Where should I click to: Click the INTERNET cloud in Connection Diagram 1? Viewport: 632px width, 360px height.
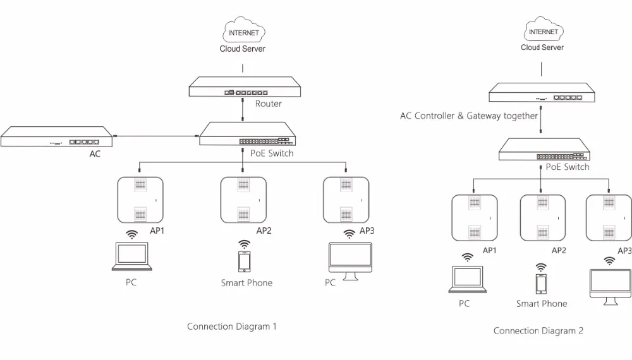(x=243, y=30)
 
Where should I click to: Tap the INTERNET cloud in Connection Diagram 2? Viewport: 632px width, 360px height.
(x=544, y=28)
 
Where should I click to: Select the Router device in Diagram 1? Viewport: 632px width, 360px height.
(x=245, y=87)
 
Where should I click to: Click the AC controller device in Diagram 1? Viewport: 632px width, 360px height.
(x=56, y=136)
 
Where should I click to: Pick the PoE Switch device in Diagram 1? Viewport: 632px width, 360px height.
(x=248, y=134)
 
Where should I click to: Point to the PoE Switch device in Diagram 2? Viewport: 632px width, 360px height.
(x=545, y=149)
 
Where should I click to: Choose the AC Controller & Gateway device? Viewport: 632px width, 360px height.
(x=542, y=93)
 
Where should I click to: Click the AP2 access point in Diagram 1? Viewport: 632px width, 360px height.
(x=243, y=200)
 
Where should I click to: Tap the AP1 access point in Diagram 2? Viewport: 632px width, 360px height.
(x=475, y=218)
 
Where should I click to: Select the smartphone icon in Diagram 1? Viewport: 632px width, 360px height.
(x=244, y=261)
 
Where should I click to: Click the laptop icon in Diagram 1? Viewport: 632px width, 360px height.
(x=132, y=256)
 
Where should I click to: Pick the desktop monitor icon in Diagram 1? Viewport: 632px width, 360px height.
(x=350, y=261)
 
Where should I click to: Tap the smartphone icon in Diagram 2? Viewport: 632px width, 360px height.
(x=541, y=284)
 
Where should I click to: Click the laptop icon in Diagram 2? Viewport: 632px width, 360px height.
(x=468, y=279)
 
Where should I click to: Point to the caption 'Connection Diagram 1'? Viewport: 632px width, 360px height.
(x=232, y=326)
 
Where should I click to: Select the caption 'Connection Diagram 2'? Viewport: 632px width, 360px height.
(x=538, y=330)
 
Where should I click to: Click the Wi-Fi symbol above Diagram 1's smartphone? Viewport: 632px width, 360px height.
(x=244, y=244)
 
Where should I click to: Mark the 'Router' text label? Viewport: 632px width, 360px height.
(x=269, y=104)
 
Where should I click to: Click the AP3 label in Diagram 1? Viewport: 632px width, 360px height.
(x=367, y=231)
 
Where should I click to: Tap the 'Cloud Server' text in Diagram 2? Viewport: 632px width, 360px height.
(x=542, y=47)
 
